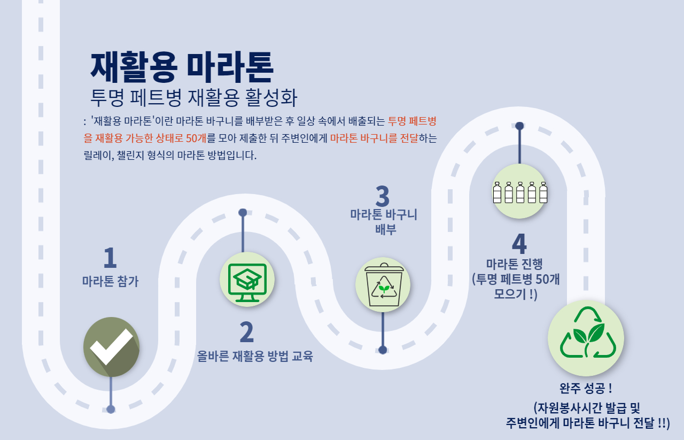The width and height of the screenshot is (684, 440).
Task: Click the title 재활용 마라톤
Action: pyautogui.click(x=182, y=66)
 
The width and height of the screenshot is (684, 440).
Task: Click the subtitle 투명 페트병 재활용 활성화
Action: pyautogui.click(x=194, y=98)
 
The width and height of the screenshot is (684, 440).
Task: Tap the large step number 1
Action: pyautogui.click(x=110, y=258)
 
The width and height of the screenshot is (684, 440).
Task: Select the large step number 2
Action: pyautogui.click(x=246, y=333)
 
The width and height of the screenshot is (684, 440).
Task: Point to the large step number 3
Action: pyautogui.click(x=383, y=197)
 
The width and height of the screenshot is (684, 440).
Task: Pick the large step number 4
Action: pyautogui.click(x=519, y=244)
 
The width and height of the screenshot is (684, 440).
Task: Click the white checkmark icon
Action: pyautogui.click(x=111, y=346)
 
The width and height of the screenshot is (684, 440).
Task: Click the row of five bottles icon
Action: pyautogui.click(x=519, y=192)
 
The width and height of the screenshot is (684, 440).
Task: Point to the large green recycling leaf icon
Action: pyautogui.click(x=586, y=338)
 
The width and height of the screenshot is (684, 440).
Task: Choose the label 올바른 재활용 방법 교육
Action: pyautogui.click(x=255, y=356)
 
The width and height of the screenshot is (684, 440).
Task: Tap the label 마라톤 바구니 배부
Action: pyautogui.click(x=383, y=222)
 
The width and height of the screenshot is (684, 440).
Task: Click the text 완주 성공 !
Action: pyautogui.click(x=586, y=388)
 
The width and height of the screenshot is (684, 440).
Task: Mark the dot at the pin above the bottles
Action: pyautogui.click(x=519, y=126)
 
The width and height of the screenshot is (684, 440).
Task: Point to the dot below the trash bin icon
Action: pyautogui.click(x=383, y=350)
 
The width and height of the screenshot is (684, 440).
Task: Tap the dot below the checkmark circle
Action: pyautogui.click(x=111, y=410)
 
